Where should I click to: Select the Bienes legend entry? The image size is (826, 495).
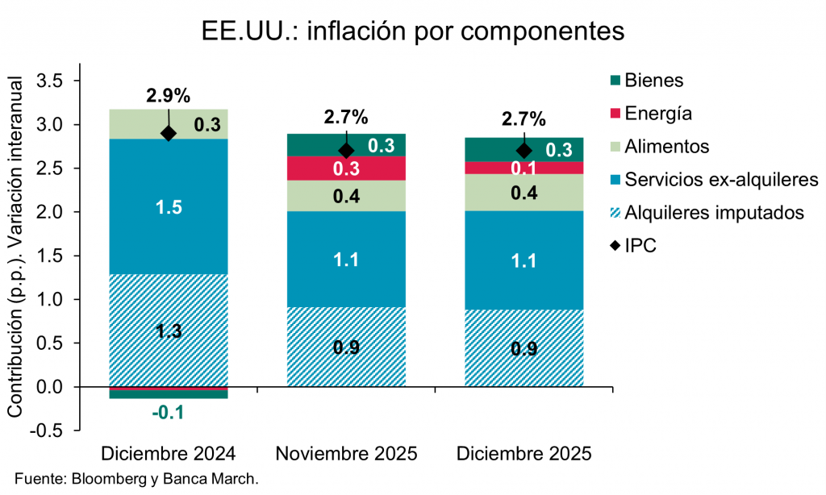(653, 80)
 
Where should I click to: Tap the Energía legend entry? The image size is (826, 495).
(657, 113)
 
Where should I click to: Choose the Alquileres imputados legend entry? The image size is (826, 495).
(713, 213)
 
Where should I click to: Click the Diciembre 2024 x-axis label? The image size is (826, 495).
(169, 453)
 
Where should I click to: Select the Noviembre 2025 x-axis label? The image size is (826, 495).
(347, 453)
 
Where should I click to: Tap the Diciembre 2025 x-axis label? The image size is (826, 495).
(524, 453)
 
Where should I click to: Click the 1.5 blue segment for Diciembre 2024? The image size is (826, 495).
(169, 206)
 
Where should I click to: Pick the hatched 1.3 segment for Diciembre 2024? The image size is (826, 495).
(169, 331)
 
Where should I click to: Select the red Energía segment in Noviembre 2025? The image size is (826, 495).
(347, 168)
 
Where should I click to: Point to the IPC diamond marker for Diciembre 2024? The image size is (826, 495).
(169, 133)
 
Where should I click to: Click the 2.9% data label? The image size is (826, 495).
(169, 96)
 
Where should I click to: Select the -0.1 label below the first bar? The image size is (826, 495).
(169, 413)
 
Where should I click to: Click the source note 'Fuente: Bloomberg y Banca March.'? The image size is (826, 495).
(136, 479)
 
